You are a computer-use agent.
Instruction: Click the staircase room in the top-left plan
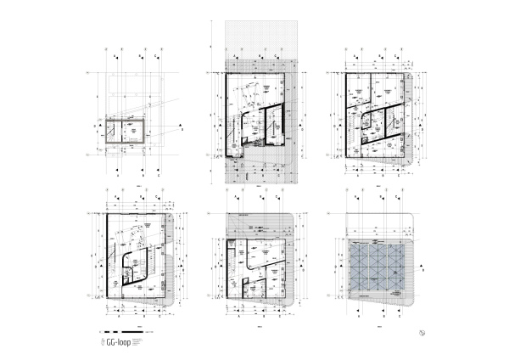[x=111, y=132]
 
